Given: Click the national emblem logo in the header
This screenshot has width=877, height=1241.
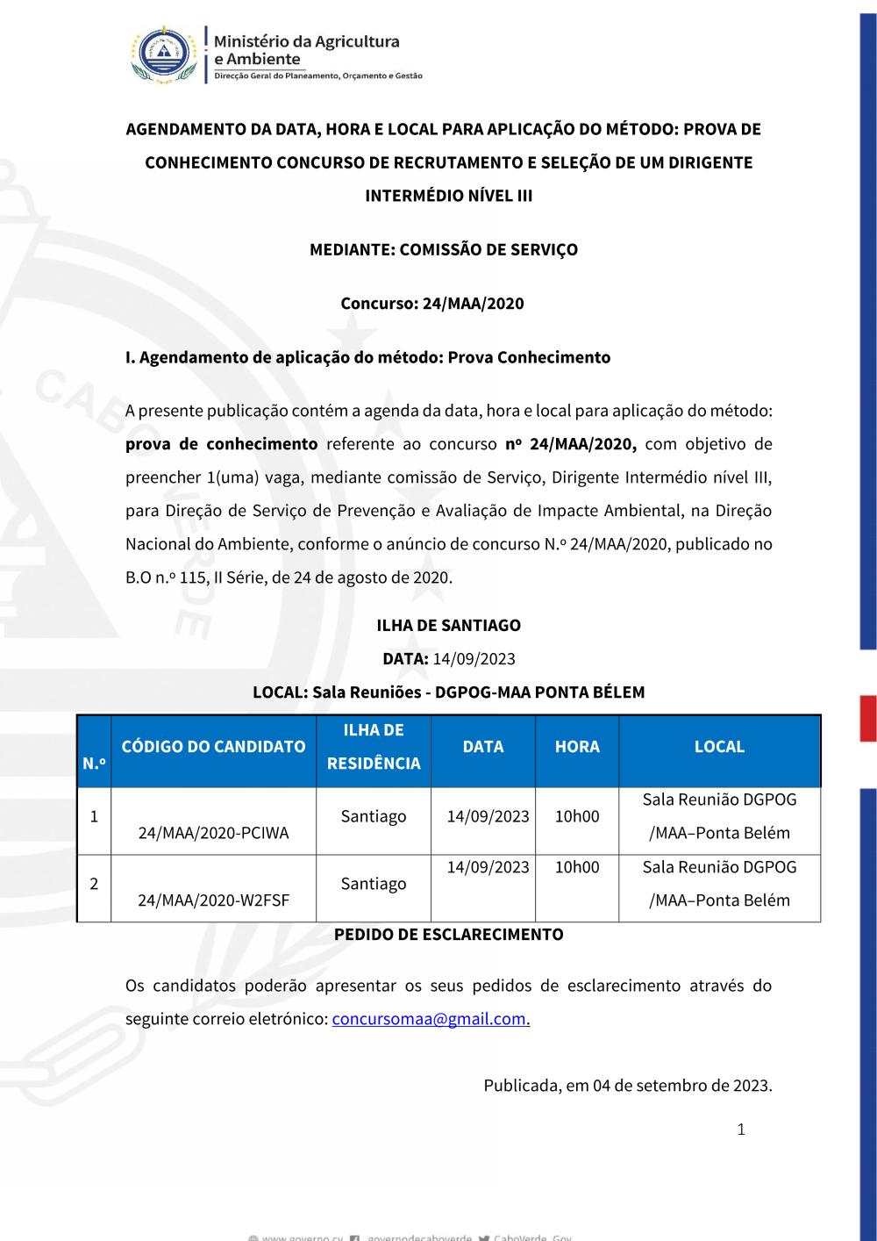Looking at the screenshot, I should tap(163, 54).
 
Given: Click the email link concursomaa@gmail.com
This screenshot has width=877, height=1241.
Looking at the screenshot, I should tap(431, 1019).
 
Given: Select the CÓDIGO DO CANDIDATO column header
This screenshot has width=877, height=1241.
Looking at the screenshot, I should tap(213, 747).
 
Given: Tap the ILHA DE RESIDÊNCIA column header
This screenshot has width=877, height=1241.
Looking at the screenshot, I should tap(374, 747).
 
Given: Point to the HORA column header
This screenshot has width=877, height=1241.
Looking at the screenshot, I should tap(577, 747).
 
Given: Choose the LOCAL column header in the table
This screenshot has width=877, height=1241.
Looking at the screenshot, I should tap(719, 747).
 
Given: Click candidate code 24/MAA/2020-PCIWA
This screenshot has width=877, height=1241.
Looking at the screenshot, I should tap(213, 833).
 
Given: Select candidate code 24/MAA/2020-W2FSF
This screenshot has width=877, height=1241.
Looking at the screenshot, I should tap(213, 900).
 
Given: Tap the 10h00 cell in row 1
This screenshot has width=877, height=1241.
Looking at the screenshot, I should tap(577, 816).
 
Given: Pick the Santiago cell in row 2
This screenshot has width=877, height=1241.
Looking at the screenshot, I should tap(374, 884).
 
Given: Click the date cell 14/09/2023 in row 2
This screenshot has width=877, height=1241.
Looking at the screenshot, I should tap(488, 867).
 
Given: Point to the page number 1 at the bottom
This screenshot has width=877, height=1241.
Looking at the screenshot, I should tap(741, 1130).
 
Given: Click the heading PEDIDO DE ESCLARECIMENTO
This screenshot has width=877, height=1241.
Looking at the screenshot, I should tap(448, 935).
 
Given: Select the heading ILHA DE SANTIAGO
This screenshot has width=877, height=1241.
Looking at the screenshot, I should tap(448, 626).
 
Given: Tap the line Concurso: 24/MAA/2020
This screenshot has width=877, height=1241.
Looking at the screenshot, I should tap(432, 304).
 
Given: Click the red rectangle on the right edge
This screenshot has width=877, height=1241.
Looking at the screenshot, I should tap(867, 718).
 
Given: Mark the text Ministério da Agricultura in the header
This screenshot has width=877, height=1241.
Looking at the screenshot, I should tap(306, 41).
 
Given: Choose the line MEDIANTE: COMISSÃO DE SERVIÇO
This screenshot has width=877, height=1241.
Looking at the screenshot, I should tap(444, 250).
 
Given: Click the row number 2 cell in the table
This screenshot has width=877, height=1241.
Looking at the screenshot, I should tap(94, 884).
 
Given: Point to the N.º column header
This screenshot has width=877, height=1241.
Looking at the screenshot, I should tap(94, 764).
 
